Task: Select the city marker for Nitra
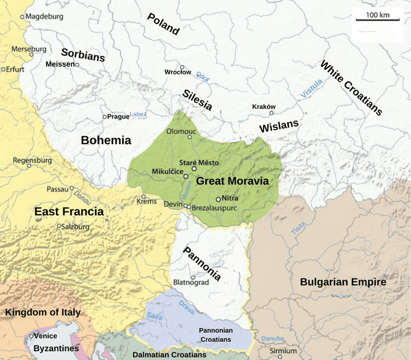click(219, 199)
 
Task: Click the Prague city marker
click(105, 117)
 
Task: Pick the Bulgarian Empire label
click(343, 282)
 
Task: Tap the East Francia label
click(69, 212)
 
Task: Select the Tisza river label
click(298, 228)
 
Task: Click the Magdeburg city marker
click(22, 17)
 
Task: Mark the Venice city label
click(45, 336)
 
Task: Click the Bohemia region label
click(106, 140)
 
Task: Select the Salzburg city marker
click(59, 226)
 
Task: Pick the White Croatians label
click(351, 87)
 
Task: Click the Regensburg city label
click(32, 161)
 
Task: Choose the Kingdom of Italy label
click(43, 312)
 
